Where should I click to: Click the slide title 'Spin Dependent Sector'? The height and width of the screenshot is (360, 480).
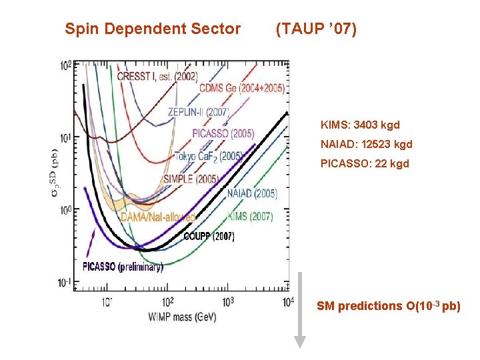(153, 29)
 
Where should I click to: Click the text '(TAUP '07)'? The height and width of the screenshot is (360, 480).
(316, 29)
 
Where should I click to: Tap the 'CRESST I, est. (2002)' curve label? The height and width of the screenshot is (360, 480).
(157, 77)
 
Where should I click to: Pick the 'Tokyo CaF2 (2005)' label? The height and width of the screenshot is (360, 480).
(209, 157)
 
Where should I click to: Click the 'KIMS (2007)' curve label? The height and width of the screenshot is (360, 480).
(250, 216)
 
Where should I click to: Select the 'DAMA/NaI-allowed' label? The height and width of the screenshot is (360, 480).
(158, 217)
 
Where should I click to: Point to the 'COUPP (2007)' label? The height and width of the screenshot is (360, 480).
(209, 237)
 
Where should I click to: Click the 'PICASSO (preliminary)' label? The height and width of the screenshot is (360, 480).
(123, 267)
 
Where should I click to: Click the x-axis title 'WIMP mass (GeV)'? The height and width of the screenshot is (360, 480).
(178, 317)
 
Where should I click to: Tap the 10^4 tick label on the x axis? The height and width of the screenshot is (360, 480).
(287, 302)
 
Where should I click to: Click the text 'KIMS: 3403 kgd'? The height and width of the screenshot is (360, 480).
(360, 125)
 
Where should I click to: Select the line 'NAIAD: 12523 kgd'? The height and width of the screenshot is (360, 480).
(366, 144)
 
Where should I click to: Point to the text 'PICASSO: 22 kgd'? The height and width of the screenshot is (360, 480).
(363, 163)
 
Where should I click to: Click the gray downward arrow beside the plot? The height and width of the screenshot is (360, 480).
(300, 310)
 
